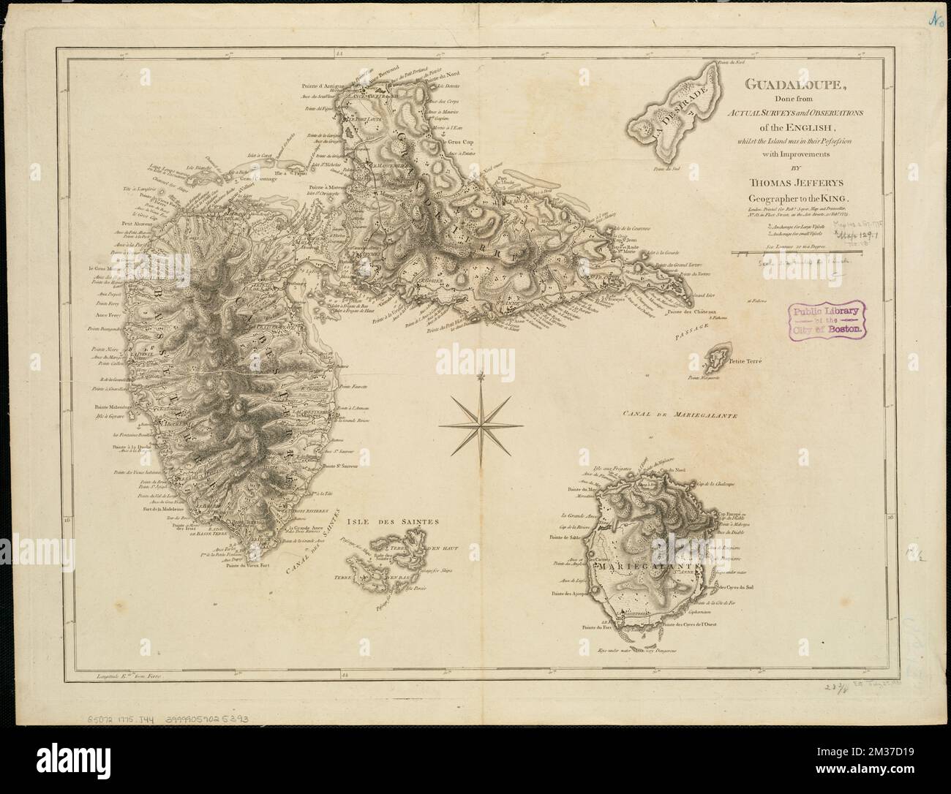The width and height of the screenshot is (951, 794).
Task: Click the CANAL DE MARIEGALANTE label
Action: [680, 415]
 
